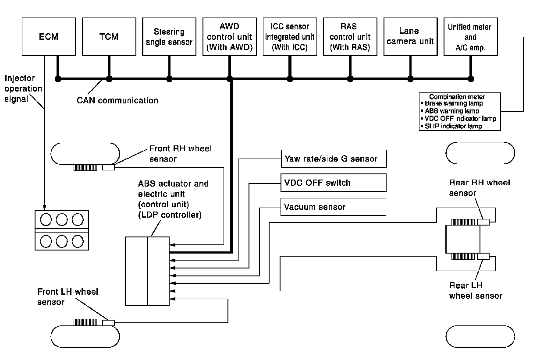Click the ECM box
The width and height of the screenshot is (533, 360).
(x=47, y=37)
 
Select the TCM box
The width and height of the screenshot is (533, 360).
(x=108, y=37)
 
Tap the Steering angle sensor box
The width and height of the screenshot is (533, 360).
(x=169, y=37)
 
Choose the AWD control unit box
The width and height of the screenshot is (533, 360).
(x=229, y=37)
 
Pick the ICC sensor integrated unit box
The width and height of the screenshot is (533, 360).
(x=289, y=37)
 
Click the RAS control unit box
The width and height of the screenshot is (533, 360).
(x=350, y=37)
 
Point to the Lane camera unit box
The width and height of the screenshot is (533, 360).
(x=410, y=37)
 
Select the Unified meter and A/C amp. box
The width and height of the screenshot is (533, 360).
(x=470, y=37)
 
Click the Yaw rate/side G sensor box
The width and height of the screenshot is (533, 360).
(x=333, y=159)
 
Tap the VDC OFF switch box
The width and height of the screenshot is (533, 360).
(x=333, y=183)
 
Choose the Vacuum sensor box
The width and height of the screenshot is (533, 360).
(x=333, y=207)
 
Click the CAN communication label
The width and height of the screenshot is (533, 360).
(x=117, y=100)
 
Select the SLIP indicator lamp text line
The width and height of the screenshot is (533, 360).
(x=453, y=126)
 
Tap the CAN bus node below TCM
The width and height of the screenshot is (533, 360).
(x=109, y=79)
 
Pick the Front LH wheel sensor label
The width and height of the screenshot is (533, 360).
(x=68, y=296)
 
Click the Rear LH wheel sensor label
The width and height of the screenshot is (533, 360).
(x=476, y=291)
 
